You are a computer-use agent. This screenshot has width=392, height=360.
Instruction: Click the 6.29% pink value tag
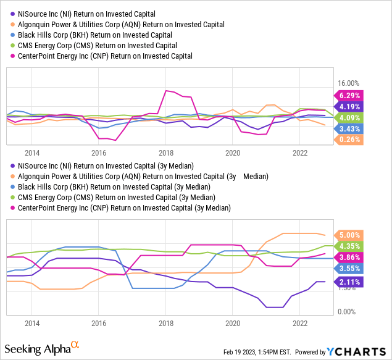(x=350, y=95)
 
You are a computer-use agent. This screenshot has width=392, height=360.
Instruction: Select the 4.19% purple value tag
(x=350, y=106)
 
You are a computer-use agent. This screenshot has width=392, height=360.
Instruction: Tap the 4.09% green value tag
(x=350, y=117)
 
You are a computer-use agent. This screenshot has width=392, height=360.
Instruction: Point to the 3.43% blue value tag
(x=350, y=128)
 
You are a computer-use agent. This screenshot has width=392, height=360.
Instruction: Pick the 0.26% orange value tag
(x=350, y=140)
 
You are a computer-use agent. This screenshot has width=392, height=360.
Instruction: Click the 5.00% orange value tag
(x=350, y=235)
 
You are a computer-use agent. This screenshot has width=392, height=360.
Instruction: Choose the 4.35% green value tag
(x=350, y=246)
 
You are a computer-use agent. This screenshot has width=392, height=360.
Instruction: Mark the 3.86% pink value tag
(x=350, y=257)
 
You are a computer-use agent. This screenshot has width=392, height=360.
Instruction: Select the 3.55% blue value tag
(x=350, y=269)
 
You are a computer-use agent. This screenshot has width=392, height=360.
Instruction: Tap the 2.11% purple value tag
(x=350, y=283)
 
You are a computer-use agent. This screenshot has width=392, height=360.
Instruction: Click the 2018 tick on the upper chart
(x=165, y=153)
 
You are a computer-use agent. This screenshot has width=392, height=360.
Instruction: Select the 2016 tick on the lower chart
(x=99, y=323)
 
